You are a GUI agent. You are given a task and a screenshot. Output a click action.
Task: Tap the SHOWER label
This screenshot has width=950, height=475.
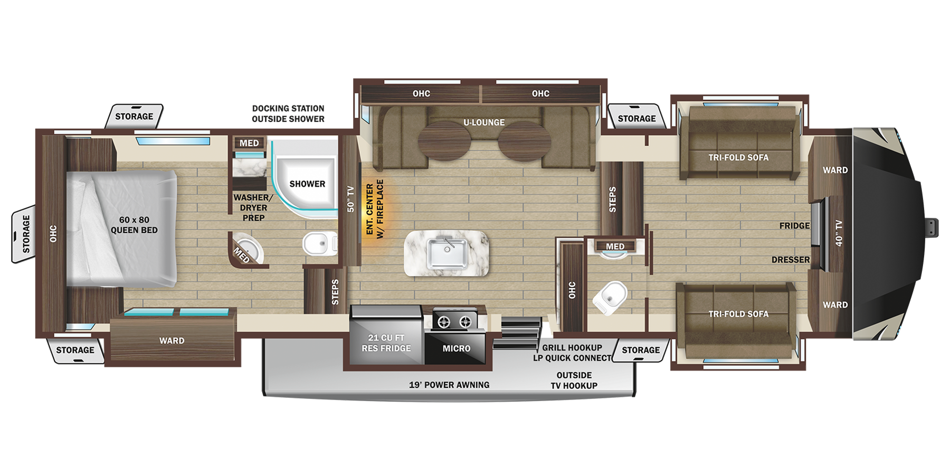pyautogui.click(x=307, y=184)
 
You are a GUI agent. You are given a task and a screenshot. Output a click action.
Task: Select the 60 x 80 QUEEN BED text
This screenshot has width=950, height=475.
pyautogui.click(x=134, y=225)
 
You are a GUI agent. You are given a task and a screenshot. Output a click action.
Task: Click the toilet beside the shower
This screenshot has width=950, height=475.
pyautogui.click(x=317, y=244)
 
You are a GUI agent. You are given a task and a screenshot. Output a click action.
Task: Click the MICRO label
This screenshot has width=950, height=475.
pyautogui.click(x=457, y=348)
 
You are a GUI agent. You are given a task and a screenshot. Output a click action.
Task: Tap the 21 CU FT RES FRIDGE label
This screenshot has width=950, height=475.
pyautogui.click(x=386, y=343)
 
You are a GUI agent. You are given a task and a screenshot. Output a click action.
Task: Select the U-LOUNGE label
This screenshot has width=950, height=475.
pyautogui.click(x=484, y=122)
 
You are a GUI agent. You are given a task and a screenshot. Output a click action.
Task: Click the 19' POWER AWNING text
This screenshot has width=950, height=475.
pyautogui.click(x=449, y=385)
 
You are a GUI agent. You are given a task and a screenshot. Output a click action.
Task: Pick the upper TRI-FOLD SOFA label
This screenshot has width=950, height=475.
pyautogui.click(x=738, y=157)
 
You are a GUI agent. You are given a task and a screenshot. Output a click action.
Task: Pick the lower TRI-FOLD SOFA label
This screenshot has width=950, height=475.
pyautogui.click(x=738, y=314)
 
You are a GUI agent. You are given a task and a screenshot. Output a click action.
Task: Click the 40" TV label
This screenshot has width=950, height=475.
pyautogui.click(x=839, y=233)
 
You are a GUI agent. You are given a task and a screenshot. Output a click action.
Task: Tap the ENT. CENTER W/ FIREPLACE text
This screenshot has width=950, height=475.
pyautogui.click(x=375, y=209)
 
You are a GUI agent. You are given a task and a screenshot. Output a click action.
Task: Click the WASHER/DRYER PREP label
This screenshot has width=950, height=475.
pyautogui.click(x=253, y=207)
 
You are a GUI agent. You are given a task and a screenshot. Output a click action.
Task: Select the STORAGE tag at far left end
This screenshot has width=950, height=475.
pyautogui.click(x=26, y=234)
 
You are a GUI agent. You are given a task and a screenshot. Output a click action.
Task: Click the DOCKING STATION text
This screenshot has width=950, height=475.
pyautogui.click(x=288, y=108)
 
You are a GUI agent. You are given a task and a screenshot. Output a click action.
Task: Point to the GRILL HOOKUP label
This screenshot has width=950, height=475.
pyautogui.click(x=572, y=347)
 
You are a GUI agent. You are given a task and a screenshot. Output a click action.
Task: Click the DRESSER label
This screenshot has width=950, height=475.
pyautogui.click(x=790, y=260)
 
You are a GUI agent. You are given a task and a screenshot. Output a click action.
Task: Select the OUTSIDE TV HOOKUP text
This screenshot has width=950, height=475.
pyautogui.click(x=574, y=380)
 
